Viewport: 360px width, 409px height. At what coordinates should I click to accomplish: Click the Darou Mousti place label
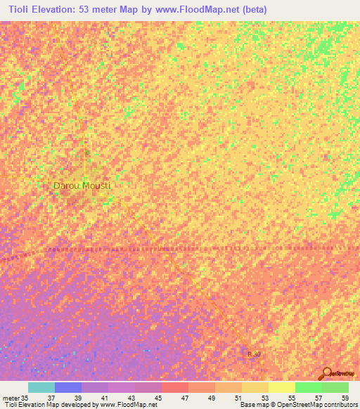pos(82,186)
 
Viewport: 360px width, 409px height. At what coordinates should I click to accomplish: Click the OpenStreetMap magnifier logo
pos(326,374)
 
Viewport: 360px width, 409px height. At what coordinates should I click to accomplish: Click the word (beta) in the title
pos(252,11)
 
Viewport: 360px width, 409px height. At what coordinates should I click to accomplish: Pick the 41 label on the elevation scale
pos(104,397)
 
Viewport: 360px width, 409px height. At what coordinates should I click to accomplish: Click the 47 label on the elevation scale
pos(184,397)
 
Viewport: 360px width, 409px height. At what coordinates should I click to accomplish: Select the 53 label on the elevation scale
pos(264,397)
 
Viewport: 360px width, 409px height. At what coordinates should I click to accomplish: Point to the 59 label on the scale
pos(344,397)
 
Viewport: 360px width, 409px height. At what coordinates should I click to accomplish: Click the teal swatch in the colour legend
pos(41,387)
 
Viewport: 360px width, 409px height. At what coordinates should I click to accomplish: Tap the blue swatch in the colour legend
pos(68,387)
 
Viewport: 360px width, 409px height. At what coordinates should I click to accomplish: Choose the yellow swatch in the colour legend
pos(282,387)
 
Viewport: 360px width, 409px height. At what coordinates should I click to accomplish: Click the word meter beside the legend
pos(11,397)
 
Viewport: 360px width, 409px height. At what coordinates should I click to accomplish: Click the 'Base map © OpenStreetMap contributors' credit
pos(298,405)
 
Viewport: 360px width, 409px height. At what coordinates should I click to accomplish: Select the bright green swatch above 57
pos(309,387)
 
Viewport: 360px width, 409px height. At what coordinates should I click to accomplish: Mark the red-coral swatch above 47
pos(175,387)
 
